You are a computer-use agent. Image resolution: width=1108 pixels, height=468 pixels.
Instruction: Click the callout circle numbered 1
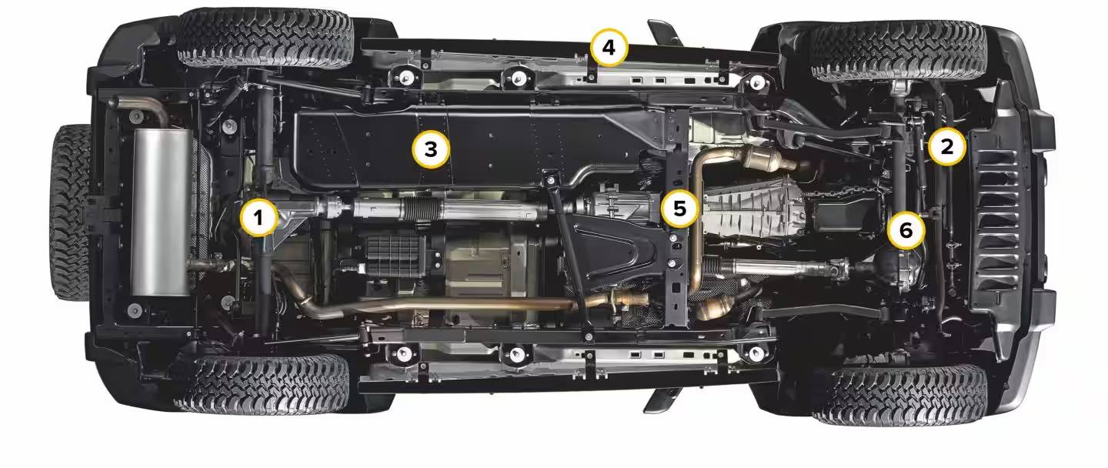point(259,217)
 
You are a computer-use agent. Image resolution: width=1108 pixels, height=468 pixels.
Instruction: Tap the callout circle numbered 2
point(946,146)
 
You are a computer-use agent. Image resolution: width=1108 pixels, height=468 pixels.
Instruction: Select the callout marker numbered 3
point(431,149)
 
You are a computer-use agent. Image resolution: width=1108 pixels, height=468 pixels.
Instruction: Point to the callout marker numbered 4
point(609,48)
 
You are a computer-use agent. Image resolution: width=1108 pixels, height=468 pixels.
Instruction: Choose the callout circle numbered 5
point(680,209)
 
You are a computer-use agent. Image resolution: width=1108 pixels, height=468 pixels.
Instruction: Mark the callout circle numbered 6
point(906,230)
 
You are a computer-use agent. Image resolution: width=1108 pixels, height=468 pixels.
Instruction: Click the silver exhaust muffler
point(160,212)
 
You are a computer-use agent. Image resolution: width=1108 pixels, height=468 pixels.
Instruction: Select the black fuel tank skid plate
point(475,148)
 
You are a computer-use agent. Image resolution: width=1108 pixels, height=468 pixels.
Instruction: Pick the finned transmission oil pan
point(757,207)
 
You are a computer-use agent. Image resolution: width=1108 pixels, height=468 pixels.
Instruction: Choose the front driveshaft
point(782,268)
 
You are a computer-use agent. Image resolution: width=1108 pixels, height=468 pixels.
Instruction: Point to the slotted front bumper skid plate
point(994,218)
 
